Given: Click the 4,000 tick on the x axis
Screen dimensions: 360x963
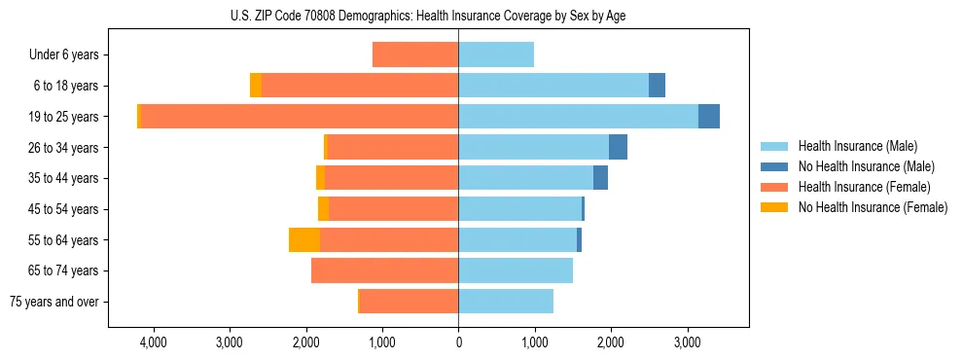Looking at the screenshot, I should click(x=153, y=343).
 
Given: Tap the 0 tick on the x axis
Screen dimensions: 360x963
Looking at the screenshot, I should click(x=458, y=343).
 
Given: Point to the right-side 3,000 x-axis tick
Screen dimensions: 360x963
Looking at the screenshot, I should click(x=687, y=343).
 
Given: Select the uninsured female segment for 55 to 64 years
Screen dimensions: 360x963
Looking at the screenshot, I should click(x=304, y=240).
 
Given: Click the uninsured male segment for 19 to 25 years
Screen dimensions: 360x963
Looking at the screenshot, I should click(x=709, y=117).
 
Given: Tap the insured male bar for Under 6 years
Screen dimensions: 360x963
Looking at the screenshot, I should click(x=496, y=54).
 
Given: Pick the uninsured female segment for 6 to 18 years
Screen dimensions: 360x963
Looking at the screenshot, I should click(x=256, y=86).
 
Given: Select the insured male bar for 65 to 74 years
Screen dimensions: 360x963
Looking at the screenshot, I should click(x=516, y=270).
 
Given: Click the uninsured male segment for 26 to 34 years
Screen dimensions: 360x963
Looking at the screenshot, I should click(x=618, y=147).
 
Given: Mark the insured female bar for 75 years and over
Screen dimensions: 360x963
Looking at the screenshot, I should click(x=409, y=302).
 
